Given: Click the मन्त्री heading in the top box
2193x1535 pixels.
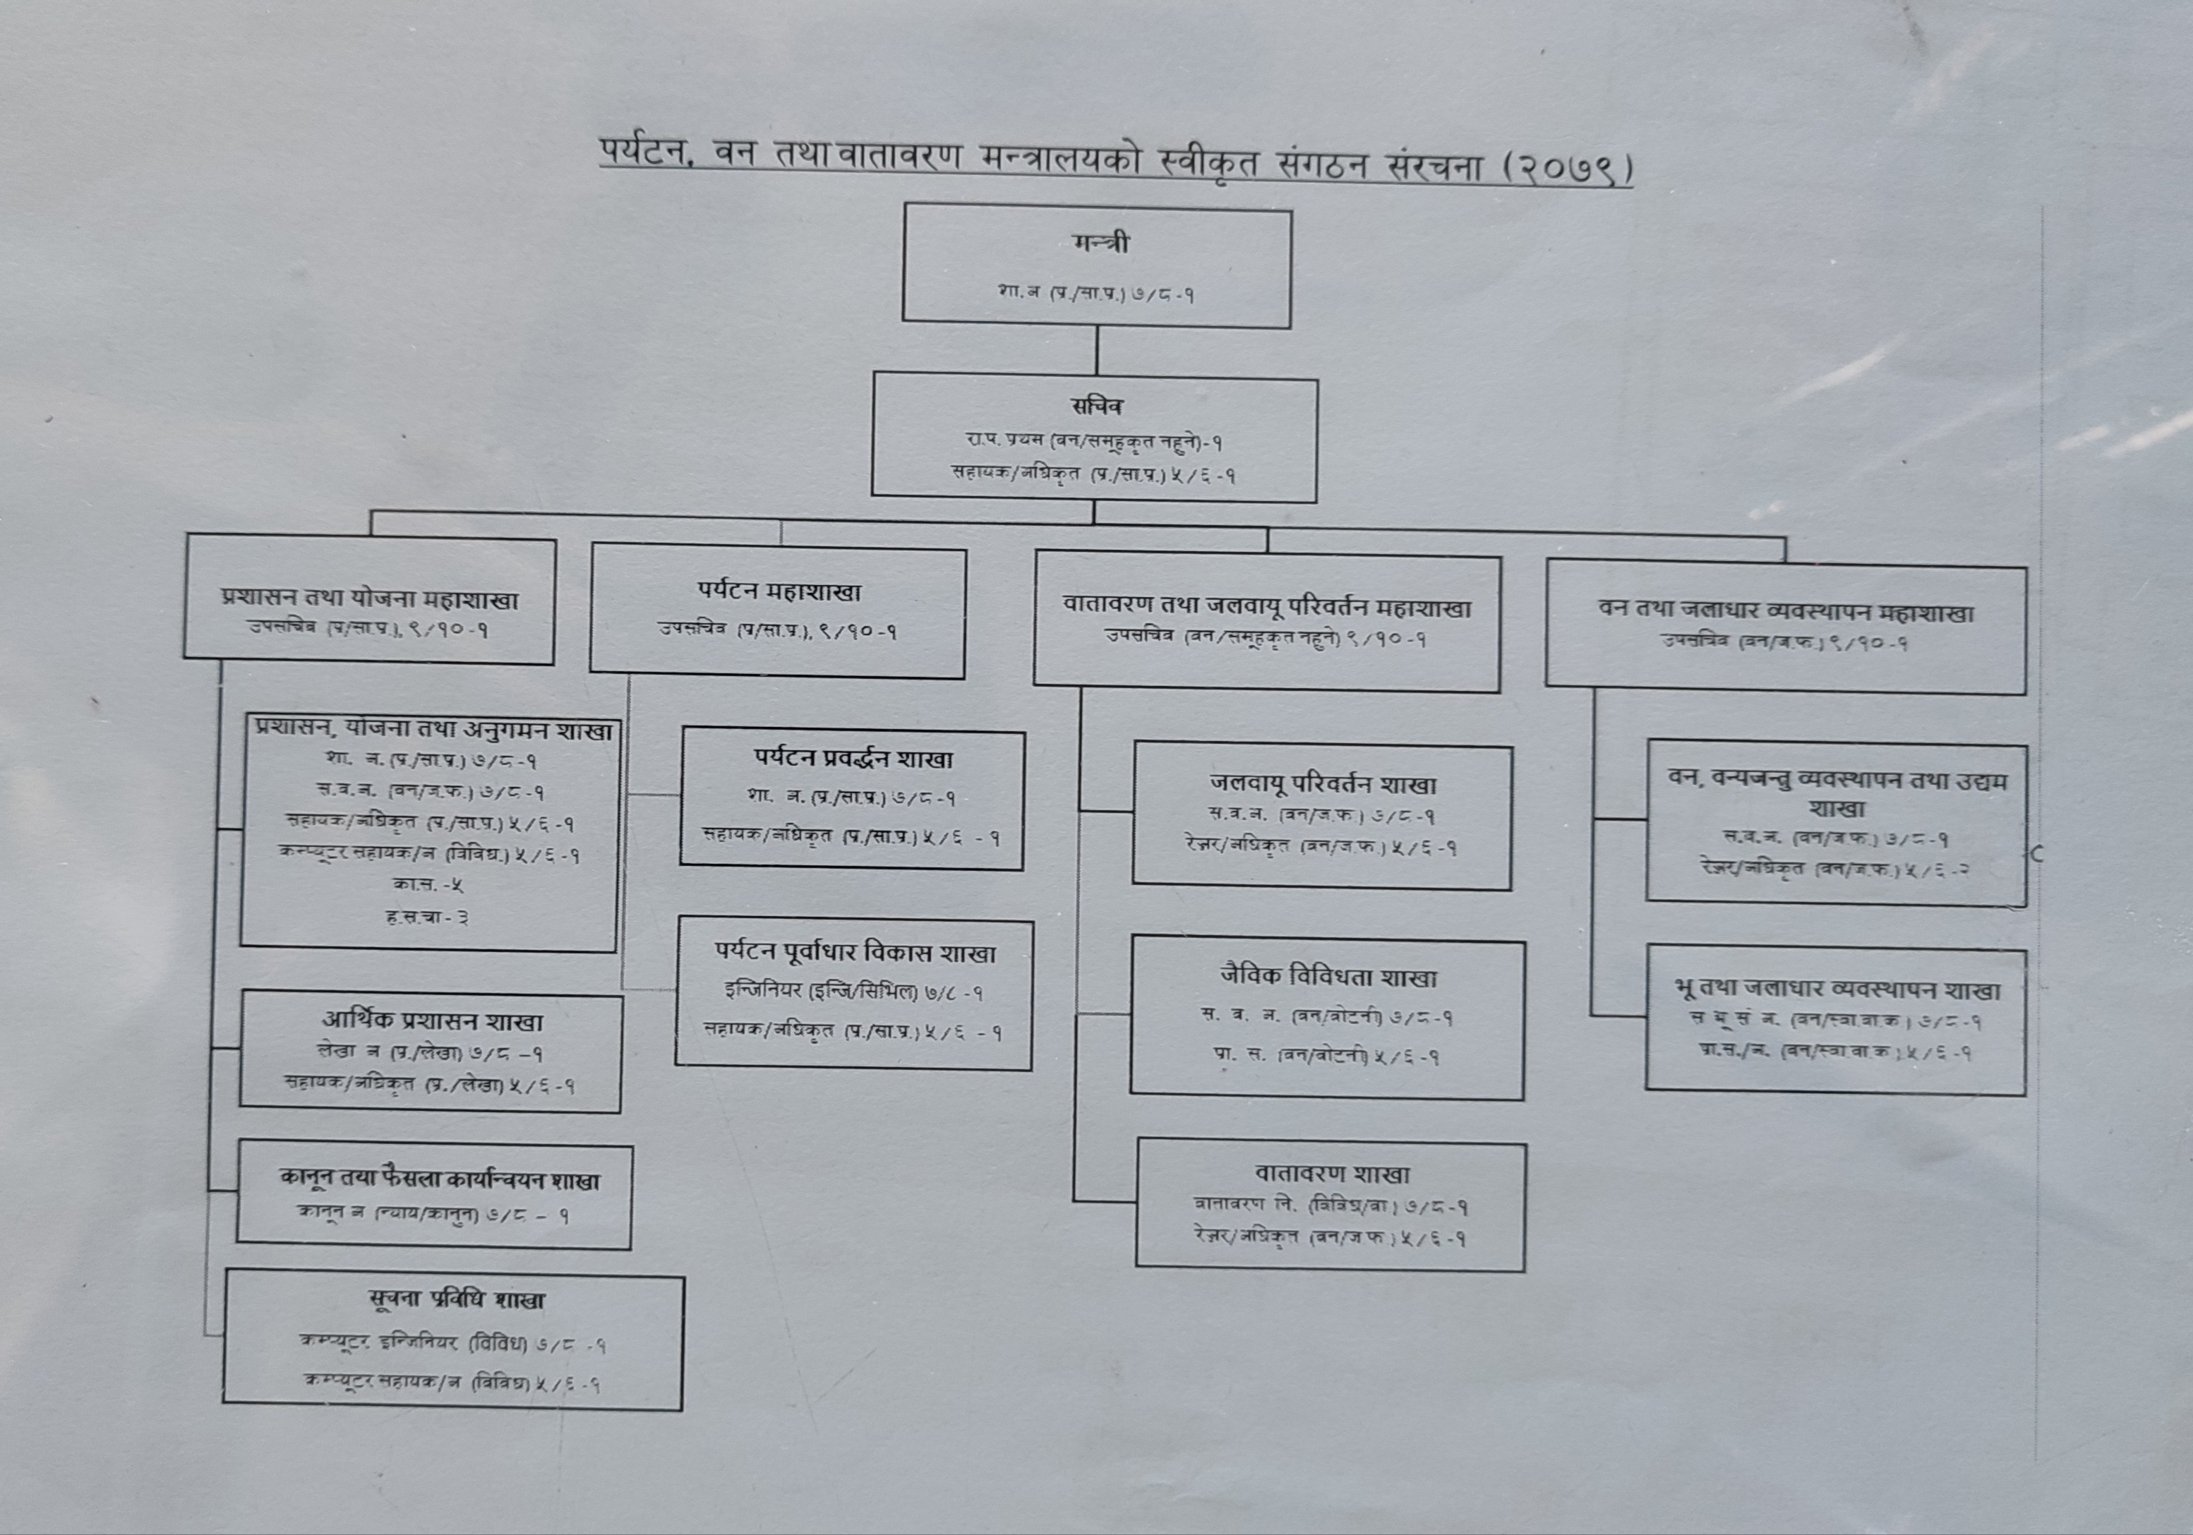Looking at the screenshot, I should pos(1100,243).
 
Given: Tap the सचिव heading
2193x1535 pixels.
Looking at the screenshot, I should pos(1097,406).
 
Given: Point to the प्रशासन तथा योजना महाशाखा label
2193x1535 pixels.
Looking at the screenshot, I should pos(370,599).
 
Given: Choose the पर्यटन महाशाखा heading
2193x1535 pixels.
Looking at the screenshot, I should pos(779,592).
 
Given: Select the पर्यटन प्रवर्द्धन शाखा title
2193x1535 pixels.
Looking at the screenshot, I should pos(853,759).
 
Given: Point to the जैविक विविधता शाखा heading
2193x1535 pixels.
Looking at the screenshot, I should pos(1328,977).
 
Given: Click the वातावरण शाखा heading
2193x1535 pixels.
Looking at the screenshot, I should pos(1331,1173).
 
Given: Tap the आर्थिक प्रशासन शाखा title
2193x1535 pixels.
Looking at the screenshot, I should pos(432,1021).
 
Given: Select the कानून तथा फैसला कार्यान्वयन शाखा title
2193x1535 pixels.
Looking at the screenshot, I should pos(439,1180).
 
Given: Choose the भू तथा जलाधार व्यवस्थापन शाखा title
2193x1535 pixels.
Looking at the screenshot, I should pos(1837,989).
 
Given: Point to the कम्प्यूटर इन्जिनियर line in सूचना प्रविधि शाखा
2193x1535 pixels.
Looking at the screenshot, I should pos(452,1344).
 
